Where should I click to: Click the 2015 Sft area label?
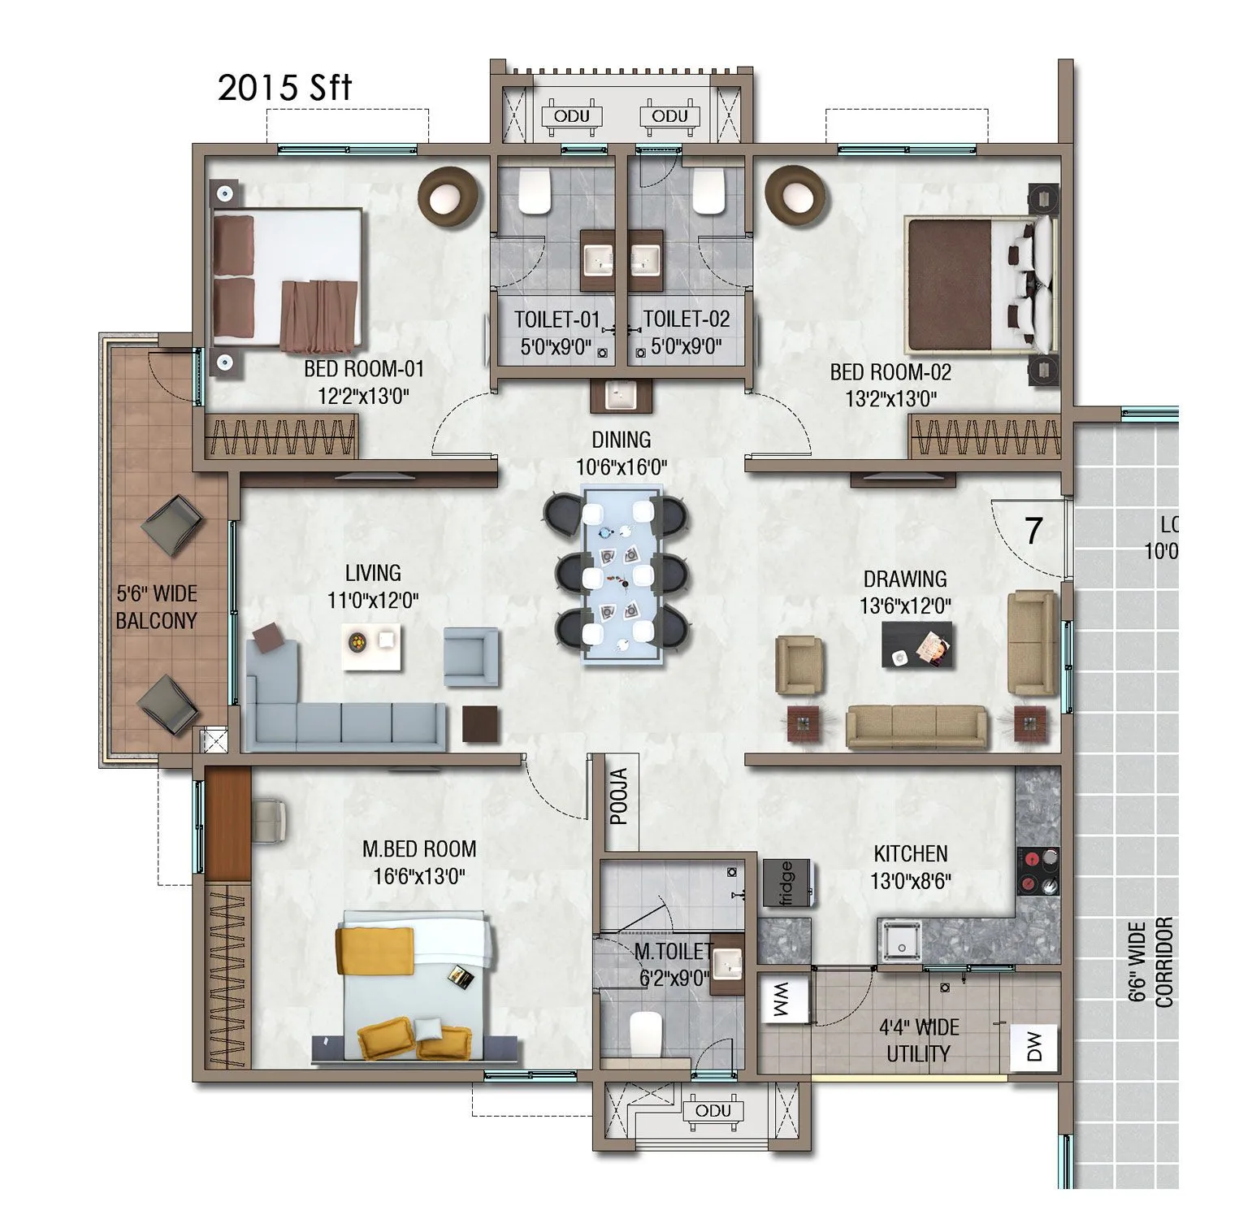click(x=284, y=88)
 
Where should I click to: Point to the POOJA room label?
click(x=620, y=796)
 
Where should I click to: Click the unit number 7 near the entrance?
click(x=1033, y=531)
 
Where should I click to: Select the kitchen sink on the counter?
click(x=899, y=941)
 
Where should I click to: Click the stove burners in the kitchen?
click(x=1038, y=871)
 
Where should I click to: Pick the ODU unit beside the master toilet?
click(x=713, y=1111)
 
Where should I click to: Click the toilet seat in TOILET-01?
click(x=535, y=192)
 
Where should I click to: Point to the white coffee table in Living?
click(x=371, y=647)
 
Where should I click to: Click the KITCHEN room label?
click(x=910, y=853)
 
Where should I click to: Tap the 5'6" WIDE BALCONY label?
click(x=156, y=607)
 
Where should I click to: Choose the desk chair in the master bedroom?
click(x=269, y=820)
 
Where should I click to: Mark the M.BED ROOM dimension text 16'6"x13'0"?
click(x=419, y=876)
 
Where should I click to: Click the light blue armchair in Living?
click(x=471, y=656)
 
